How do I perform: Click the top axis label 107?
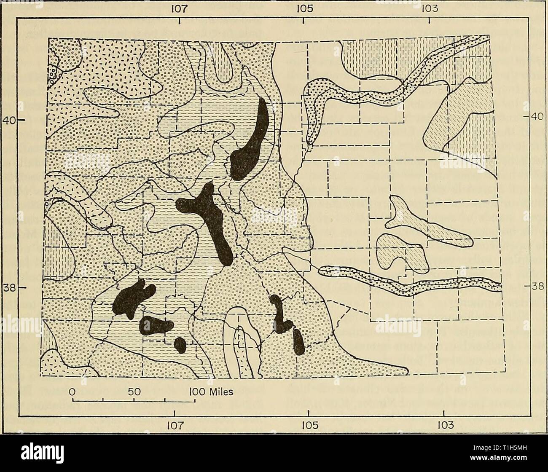pos(180,8)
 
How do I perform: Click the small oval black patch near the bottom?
pos(180,344)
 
